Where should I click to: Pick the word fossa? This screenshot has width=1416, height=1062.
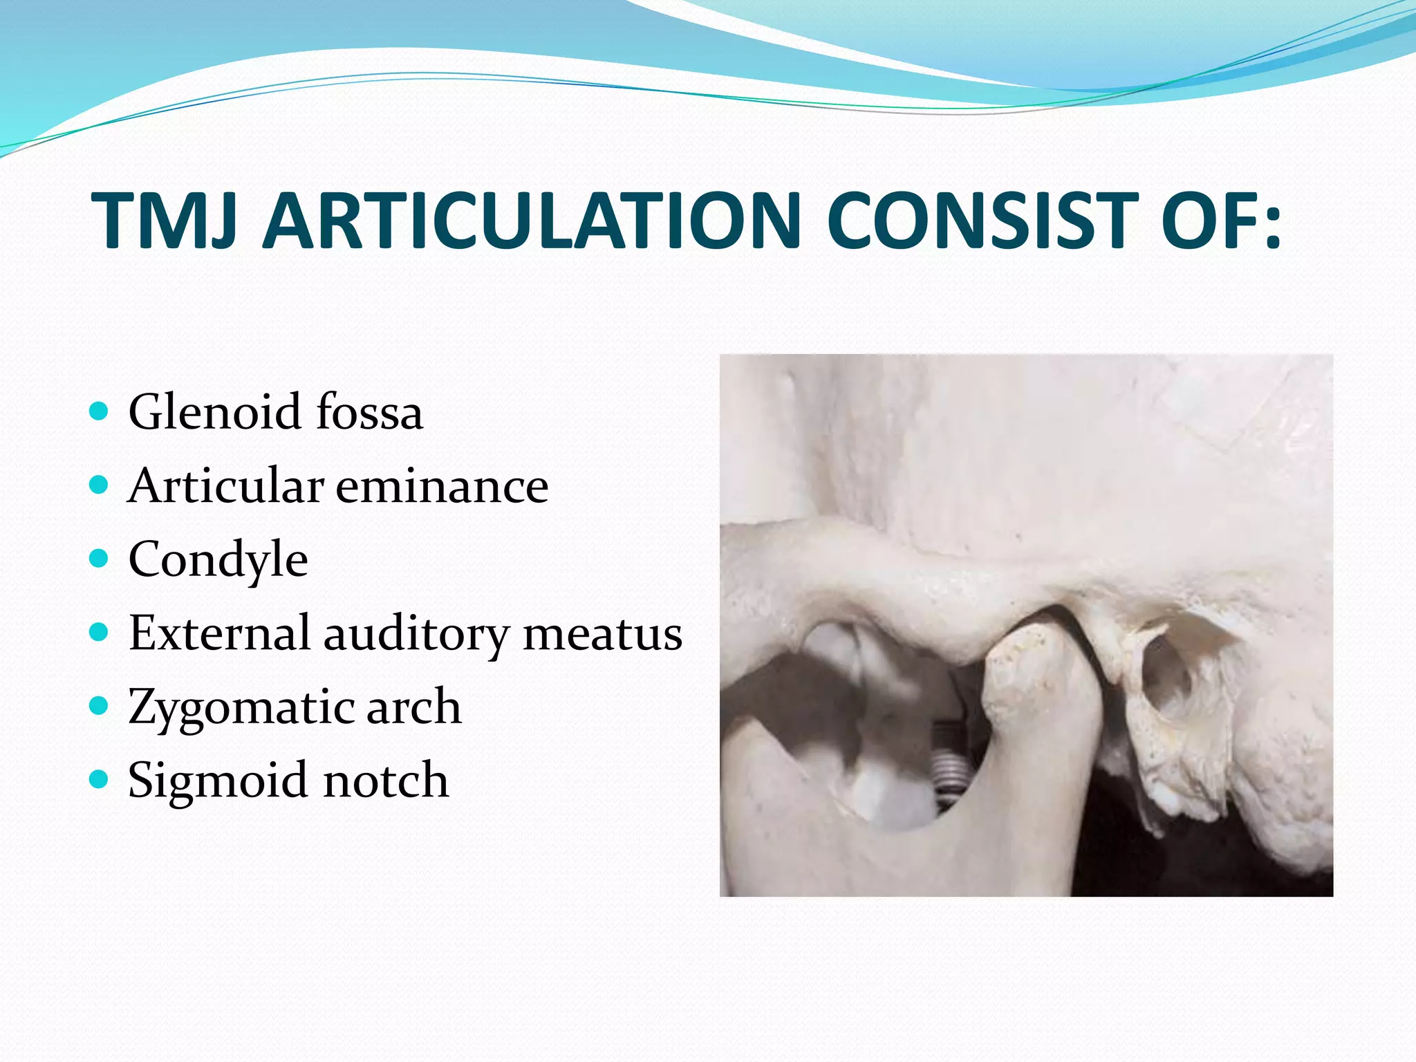[369, 412]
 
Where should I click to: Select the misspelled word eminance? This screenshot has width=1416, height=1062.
[442, 485]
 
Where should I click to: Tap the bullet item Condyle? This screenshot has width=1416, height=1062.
[218, 560]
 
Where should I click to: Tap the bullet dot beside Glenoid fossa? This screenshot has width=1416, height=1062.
[100, 412]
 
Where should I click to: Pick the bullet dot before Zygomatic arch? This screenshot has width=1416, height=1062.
[100, 706]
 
